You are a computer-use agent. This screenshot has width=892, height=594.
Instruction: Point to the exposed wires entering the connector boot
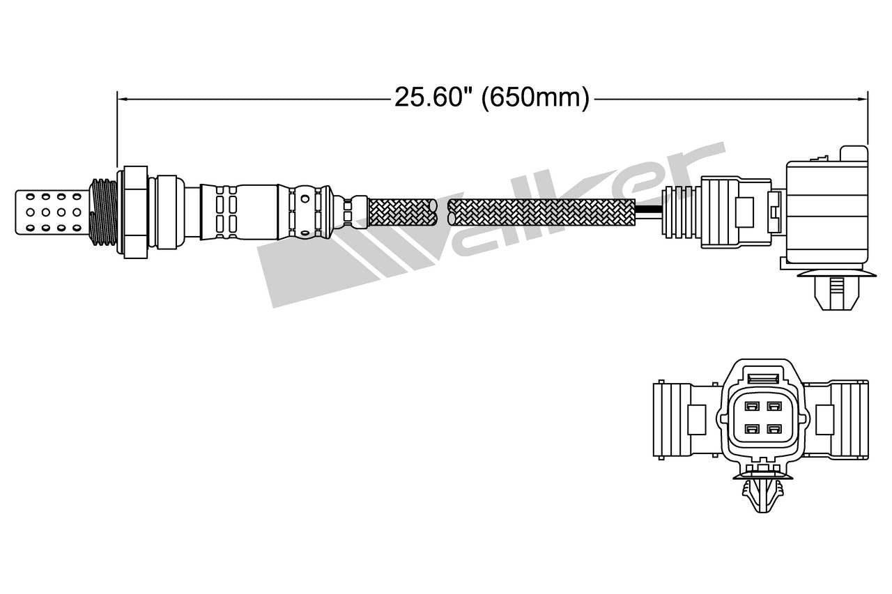click(x=649, y=211)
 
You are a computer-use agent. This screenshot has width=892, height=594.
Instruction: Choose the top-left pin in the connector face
click(x=751, y=406)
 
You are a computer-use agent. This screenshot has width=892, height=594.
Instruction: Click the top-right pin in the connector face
click(x=774, y=406)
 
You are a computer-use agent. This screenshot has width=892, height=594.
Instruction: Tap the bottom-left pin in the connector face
click(x=751, y=428)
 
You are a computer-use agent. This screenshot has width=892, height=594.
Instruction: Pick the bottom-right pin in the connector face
click(x=774, y=428)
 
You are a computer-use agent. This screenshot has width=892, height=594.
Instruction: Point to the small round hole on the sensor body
click(x=305, y=198)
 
